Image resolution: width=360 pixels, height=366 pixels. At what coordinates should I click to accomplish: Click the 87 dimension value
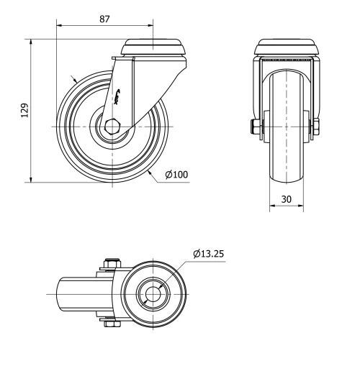tap(104, 19)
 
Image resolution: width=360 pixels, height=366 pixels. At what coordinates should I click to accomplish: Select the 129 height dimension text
tap(23, 110)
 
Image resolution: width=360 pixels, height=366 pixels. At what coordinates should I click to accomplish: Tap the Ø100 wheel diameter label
tap(178, 175)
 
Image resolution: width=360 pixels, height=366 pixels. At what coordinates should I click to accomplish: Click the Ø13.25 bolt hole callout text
tap(210, 253)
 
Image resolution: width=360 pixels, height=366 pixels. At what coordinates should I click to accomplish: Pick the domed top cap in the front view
tap(286, 47)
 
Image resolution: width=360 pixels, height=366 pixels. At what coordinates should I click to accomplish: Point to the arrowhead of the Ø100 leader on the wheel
tap(148, 170)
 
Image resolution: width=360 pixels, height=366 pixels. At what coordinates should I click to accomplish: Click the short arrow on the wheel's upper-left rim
tap(73, 79)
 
